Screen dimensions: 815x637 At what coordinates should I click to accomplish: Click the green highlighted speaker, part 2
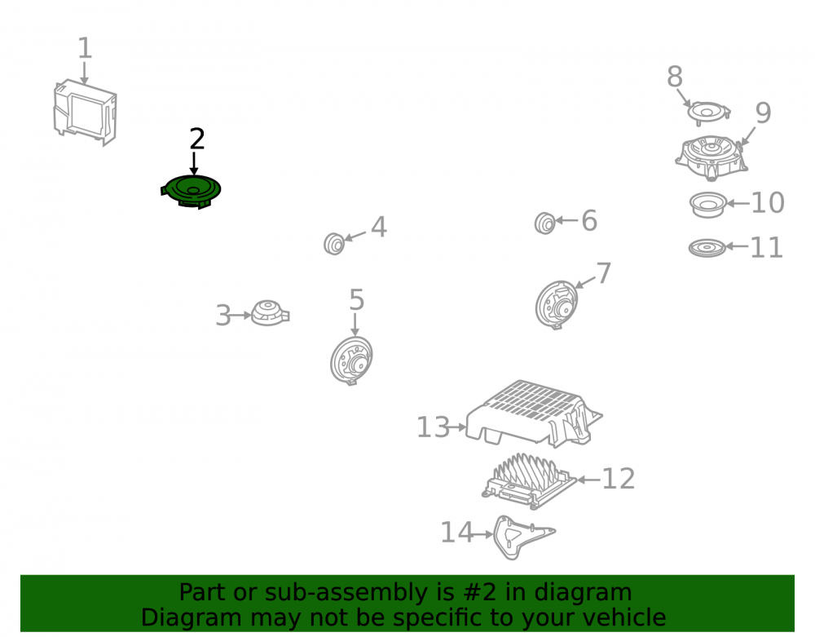(191, 192)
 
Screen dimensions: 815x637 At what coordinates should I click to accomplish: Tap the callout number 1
(85, 48)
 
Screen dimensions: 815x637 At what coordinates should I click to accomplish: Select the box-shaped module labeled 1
(86, 112)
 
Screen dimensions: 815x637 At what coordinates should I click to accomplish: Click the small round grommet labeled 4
(333, 243)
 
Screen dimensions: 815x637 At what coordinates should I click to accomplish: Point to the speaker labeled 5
(351, 360)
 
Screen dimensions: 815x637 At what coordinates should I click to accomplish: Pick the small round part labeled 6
(544, 223)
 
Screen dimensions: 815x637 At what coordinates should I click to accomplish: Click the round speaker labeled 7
(556, 305)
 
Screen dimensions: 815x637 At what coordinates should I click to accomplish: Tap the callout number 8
(675, 77)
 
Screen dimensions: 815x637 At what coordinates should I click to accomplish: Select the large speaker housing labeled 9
(711, 157)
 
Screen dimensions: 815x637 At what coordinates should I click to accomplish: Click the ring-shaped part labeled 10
(707, 205)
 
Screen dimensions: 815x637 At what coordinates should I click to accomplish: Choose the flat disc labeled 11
(707, 248)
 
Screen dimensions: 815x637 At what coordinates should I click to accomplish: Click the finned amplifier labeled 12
(529, 481)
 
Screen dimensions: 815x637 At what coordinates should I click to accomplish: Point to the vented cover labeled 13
(534, 414)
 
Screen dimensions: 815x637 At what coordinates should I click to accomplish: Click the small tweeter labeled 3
(270, 313)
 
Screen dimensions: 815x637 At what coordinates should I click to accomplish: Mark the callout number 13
(433, 427)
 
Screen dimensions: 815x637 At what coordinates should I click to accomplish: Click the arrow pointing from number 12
(588, 480)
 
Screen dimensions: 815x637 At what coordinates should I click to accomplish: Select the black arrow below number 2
(194, 163)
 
